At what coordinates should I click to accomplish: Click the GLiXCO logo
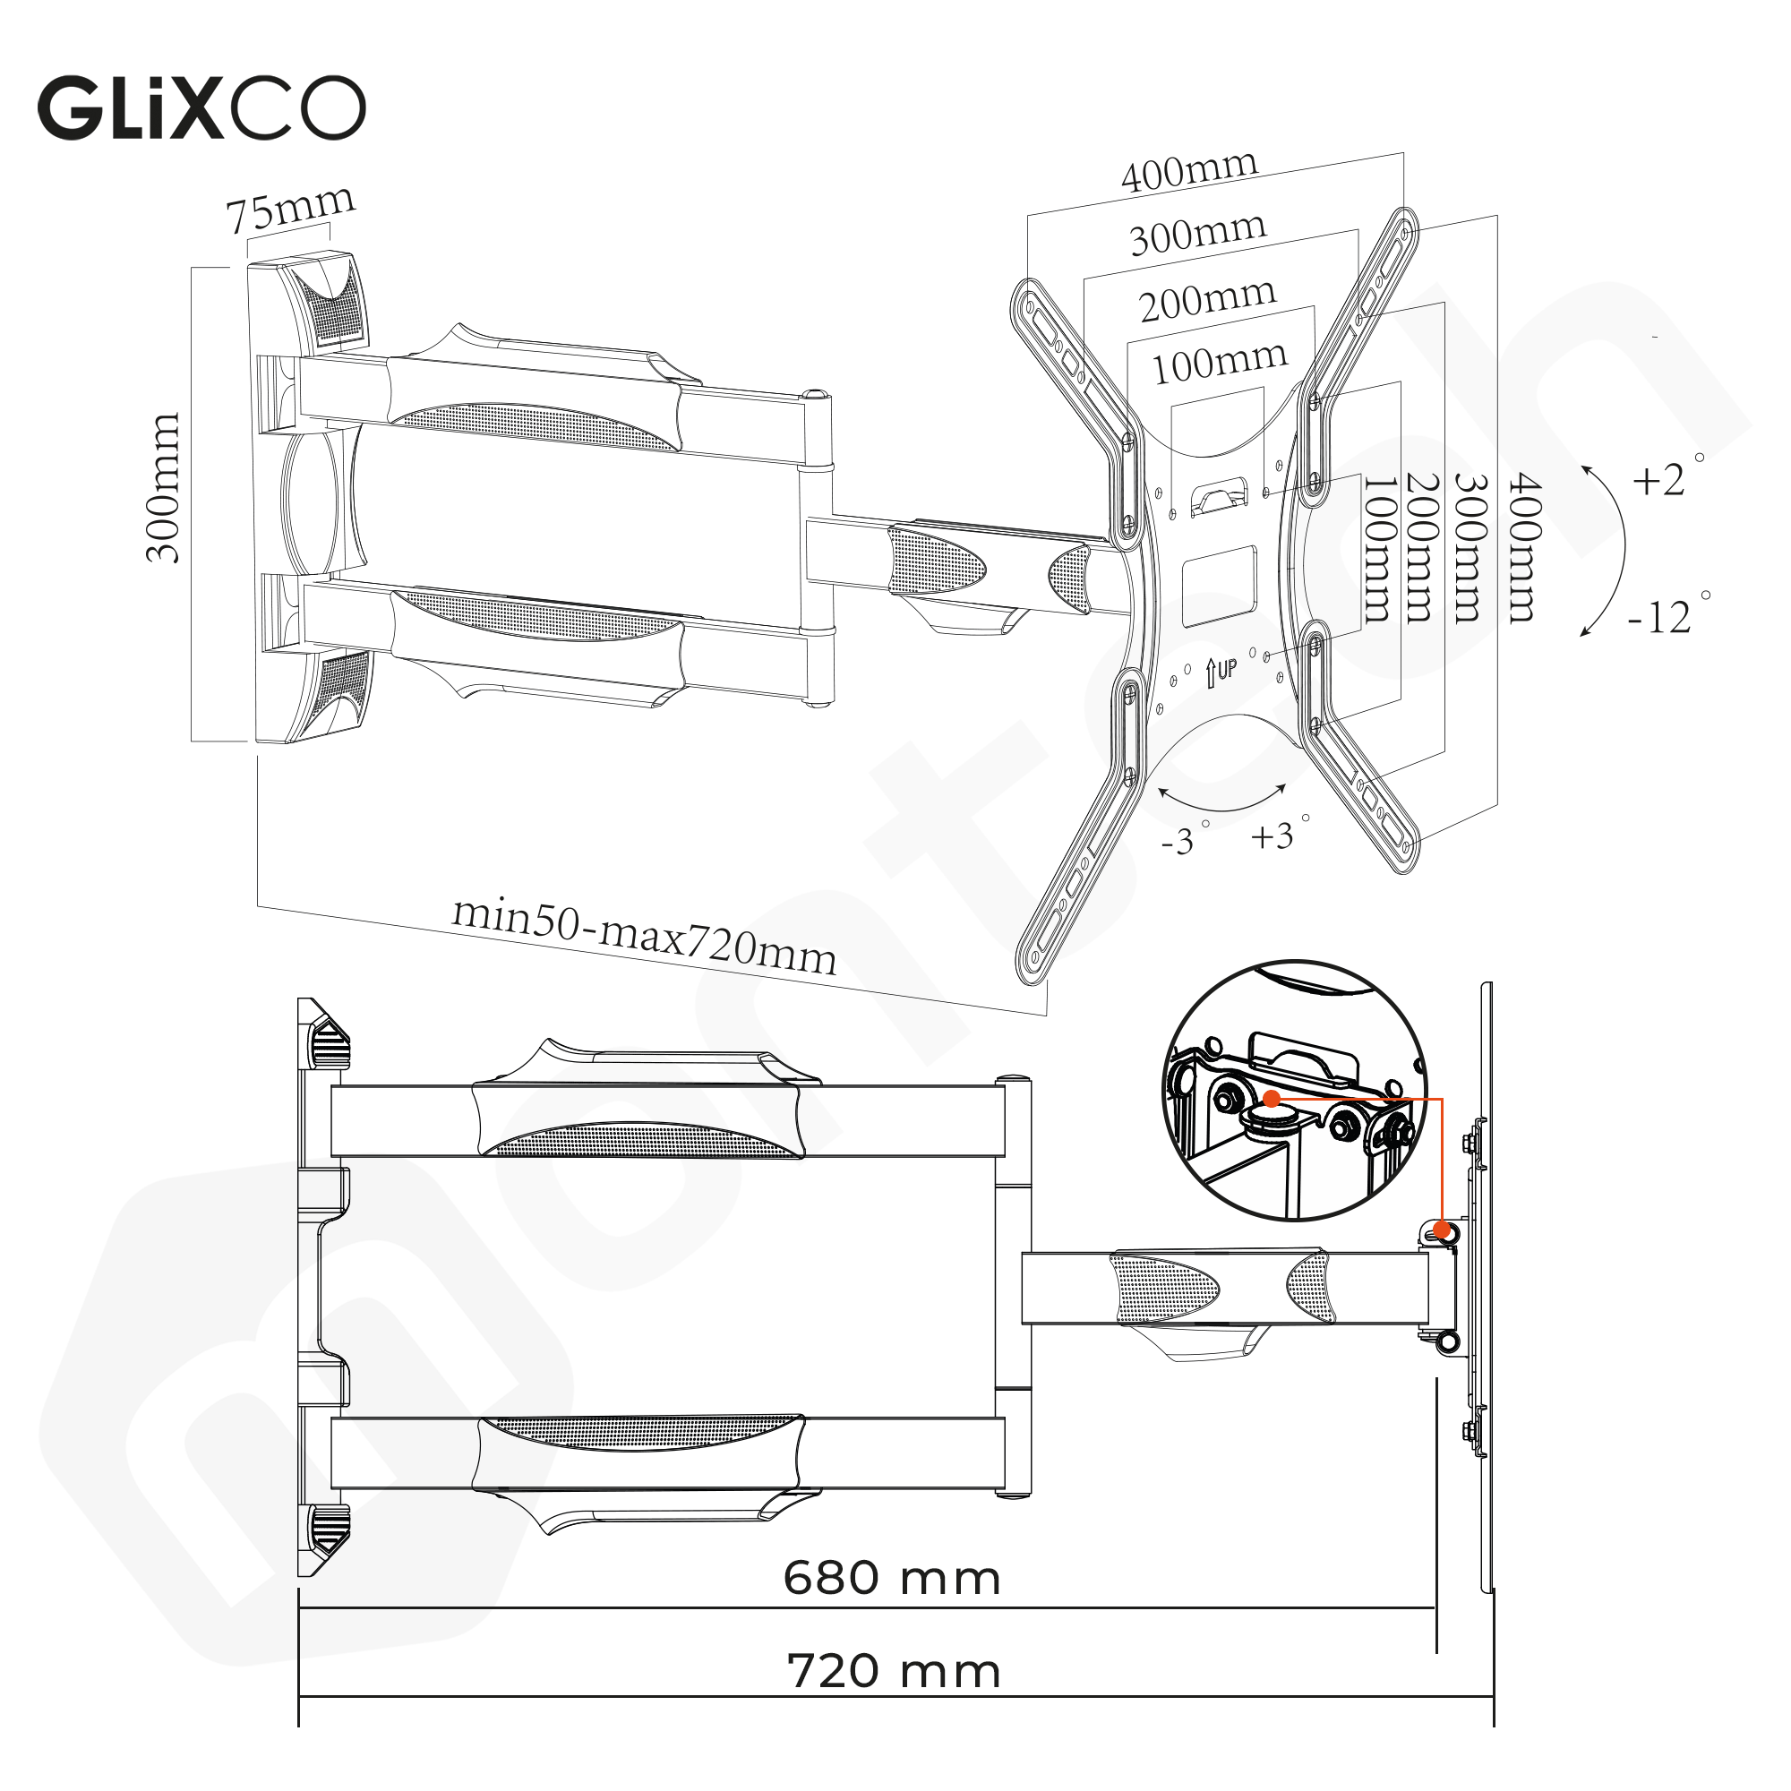[201, 108]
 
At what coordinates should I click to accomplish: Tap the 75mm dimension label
[290, 210]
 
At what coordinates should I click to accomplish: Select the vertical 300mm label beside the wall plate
[163, 489]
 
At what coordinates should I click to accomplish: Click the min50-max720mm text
[644, 937]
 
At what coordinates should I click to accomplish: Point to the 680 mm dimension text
[892, 1577]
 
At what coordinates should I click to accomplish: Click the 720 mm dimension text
[894, 1670]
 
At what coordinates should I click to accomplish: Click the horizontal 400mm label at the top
[1189, 172]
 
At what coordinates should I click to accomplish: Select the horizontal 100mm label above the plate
[1219, 363]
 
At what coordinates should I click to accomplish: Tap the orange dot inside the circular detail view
[1272, 1099]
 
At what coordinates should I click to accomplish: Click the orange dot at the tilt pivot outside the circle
[1442, 1230]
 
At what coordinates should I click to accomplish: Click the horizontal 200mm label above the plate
[1208, 299]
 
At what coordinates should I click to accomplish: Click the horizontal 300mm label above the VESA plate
[1197, 235]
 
